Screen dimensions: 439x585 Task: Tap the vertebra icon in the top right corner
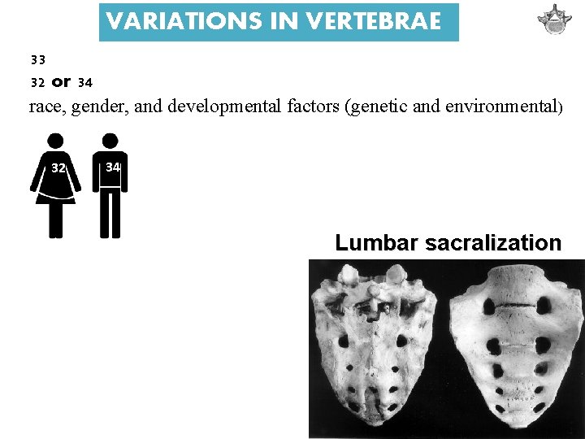[x=555, y=20]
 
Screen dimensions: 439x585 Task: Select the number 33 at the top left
[x=37, y=59]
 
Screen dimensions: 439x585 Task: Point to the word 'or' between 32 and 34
[x=61, y=81]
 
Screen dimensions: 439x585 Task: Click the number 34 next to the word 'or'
[x=84, y=82]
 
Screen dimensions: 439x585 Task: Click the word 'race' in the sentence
[x=45, y=107]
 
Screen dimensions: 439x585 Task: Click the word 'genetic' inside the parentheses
[x=375, y=107]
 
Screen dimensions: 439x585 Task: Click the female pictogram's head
[x=56, y=140]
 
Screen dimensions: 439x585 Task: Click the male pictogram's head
[x=110, y=140]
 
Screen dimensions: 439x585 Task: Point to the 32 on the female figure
[x=58, y=168]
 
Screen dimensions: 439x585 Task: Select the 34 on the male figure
[x=113, y=167]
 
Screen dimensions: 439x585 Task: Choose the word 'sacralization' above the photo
[x=493, y=243]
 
